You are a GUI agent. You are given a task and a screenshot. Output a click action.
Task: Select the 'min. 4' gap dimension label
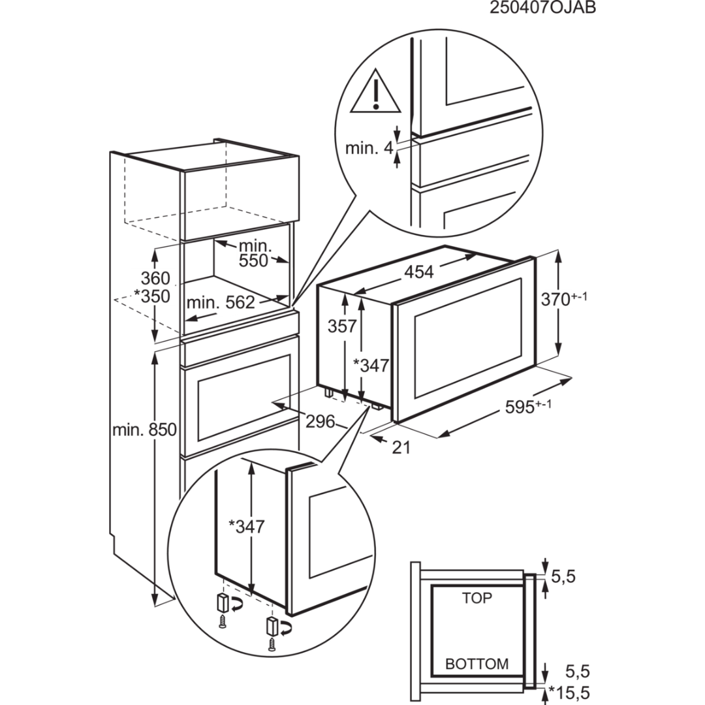point(369,148)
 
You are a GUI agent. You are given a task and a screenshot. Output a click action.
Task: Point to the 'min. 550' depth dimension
point(253,253)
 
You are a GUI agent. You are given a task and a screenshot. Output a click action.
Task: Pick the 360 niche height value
point(155,278)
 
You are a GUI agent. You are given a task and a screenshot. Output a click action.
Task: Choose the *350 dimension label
point(151,296)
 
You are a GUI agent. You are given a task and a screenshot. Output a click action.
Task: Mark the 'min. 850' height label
point(144,430)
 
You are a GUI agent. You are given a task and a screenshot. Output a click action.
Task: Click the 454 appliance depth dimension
point(418,272)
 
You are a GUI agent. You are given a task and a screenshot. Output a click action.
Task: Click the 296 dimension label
point(320,421)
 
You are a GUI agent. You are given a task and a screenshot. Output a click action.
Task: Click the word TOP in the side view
point(477,598)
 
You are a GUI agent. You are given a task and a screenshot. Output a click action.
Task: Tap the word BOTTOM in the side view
point(477,664)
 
